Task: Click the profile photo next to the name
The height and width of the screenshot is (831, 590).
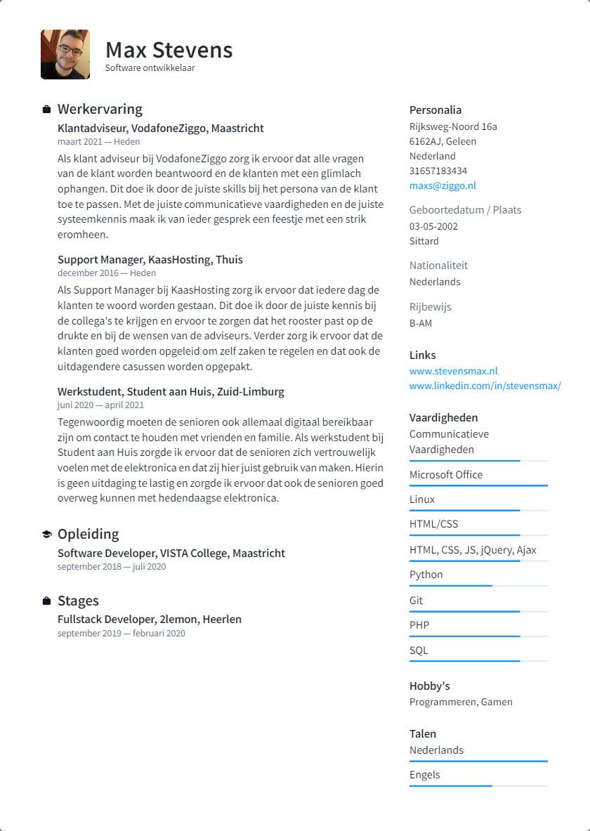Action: tap(65, 54)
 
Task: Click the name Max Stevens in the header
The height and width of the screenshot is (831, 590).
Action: tap(169, 50)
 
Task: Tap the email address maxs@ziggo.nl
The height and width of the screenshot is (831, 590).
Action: tap(442, 185)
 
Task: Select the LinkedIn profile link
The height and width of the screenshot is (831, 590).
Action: tap(485, 386)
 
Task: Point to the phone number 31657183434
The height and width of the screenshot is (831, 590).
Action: tap(438, 171)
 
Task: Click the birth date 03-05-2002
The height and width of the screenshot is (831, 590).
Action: tap(433, 226)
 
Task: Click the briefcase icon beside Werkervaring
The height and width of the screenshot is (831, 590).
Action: tap(46, 110)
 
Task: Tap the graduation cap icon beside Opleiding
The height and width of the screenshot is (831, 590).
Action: tap(46, 535)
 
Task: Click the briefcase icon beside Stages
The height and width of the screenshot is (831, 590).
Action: tap(46, 601)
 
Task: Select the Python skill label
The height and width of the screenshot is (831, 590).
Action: tap(426, 575)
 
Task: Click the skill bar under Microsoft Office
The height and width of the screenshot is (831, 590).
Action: tap(478, 485)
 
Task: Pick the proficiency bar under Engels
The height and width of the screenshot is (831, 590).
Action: tap(478, 785)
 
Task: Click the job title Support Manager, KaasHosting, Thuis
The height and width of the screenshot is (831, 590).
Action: tap(150, 259)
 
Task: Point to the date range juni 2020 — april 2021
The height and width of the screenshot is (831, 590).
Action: tap(100, 405)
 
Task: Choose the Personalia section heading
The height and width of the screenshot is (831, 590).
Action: tap(435, 110)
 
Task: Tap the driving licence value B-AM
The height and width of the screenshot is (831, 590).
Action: tap(421, 323)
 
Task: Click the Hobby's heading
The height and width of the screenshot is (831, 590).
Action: tap(429, 686)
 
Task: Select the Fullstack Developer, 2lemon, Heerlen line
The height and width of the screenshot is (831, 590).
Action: tap(149, 620)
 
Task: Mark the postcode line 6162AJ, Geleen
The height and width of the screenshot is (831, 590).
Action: tap(442, 141)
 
